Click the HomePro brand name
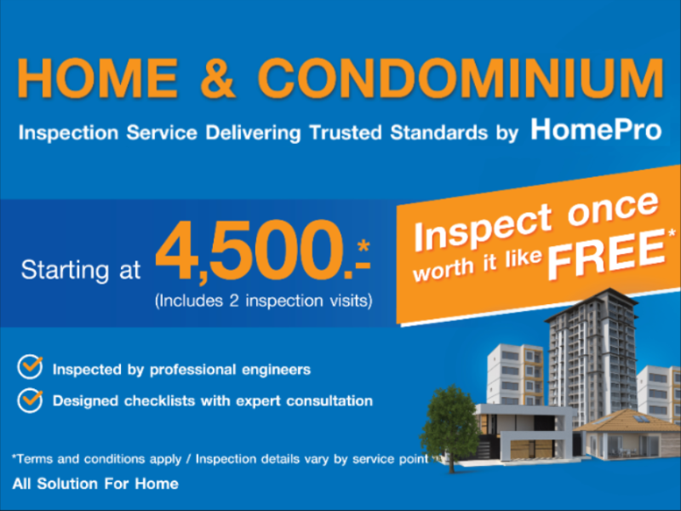point(596,130)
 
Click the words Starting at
point(82,271)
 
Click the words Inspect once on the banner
point(536,218)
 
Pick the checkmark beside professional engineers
point(31,368)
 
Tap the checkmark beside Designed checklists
point(31,398)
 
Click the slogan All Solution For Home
point(95,484)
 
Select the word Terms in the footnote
point(35,459)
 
